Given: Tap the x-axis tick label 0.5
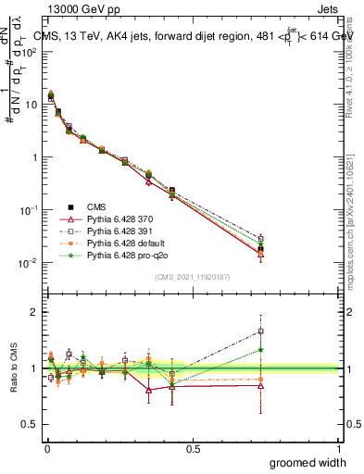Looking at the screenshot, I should coord(193,448).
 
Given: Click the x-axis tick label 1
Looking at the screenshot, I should coord(340,448).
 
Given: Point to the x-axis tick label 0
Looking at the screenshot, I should coord(46,448).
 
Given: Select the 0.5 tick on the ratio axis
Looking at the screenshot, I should coord(32,426).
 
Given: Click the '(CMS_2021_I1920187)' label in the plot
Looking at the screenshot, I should coord(193,275).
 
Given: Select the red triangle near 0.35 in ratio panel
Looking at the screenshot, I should coord(148,390).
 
